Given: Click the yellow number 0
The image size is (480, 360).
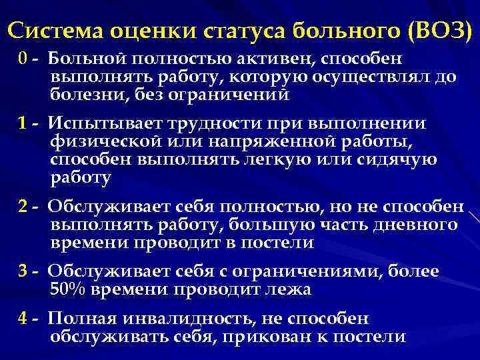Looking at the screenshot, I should click(x=23, y=58).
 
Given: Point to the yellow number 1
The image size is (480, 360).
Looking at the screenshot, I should click(x=23, y=123).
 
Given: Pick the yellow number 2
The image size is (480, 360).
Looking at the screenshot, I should click(x=23, y=206).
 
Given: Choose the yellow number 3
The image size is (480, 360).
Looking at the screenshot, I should click(x=23, y=271).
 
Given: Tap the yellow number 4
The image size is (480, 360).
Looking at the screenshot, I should click(x=23, y=319).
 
